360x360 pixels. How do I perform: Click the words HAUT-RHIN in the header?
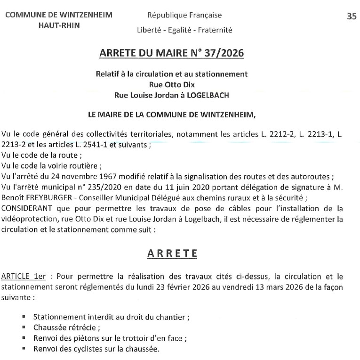coord(59,25)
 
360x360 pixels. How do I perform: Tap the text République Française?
coord(184,15)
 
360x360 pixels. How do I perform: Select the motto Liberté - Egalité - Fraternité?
coord(184,30)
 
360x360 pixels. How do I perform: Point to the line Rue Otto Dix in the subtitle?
coord(171,84)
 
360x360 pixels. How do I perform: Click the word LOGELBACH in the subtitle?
coord(208,95)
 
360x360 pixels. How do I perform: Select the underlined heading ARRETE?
coord(172,254)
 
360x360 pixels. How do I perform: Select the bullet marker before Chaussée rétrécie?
coord(24,327)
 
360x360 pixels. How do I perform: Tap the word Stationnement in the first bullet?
coord(56,317)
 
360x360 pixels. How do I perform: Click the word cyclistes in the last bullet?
coord(88,349)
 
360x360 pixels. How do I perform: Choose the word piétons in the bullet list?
coord(89,338)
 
